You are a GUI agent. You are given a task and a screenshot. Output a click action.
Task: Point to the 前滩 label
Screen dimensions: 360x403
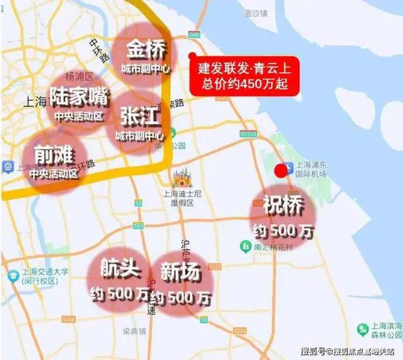click(49, 155)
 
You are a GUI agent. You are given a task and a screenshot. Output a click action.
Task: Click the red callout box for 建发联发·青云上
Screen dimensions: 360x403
click(245, 75)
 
